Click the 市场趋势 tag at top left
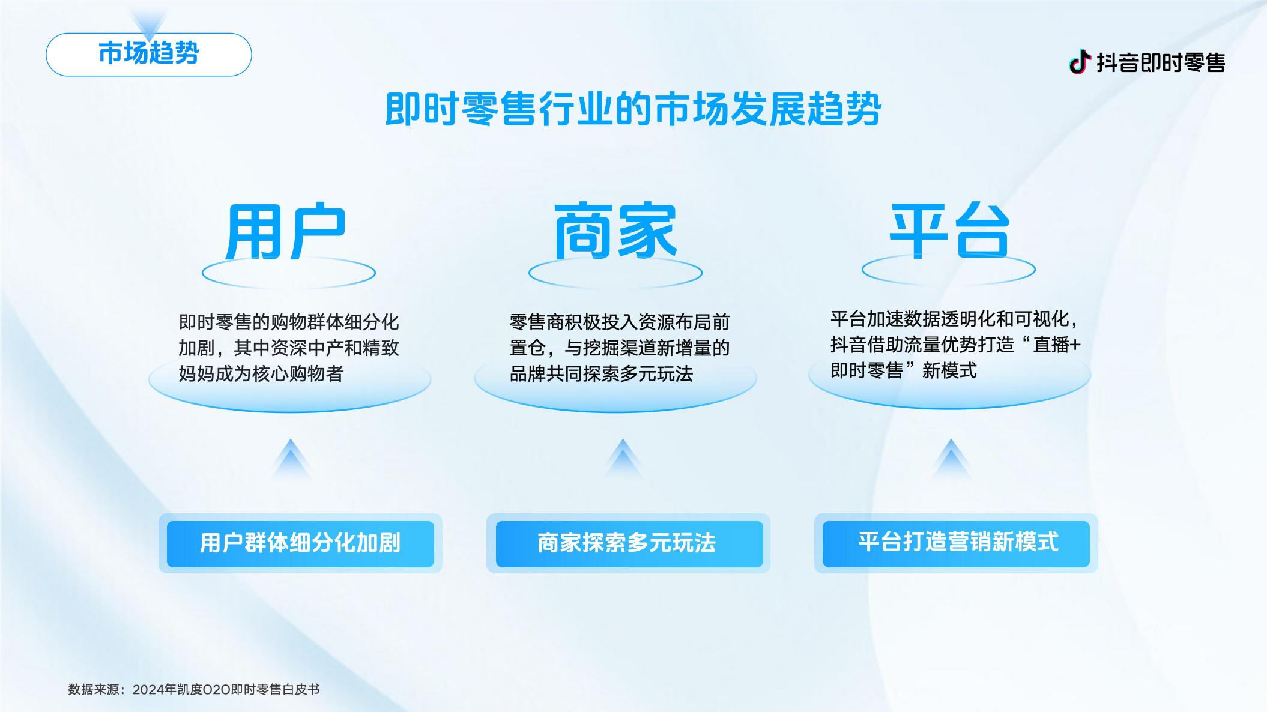tap(148, 54)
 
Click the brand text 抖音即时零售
tap(1161, 62)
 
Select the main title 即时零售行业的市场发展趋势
tap(633, 109)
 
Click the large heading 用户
tap(286, 232)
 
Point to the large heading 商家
tap(615, 232)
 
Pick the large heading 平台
tap(949, 232)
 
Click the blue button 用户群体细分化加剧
tap(300, 544)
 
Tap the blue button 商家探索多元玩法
tap(629, 544)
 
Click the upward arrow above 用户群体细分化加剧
tap(291, 459)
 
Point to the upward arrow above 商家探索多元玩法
tap(623, 459)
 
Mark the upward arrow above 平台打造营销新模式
tap(951, 459)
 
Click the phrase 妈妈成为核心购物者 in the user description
tap(261, 374)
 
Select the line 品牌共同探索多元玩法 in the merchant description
tap(601, 374)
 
